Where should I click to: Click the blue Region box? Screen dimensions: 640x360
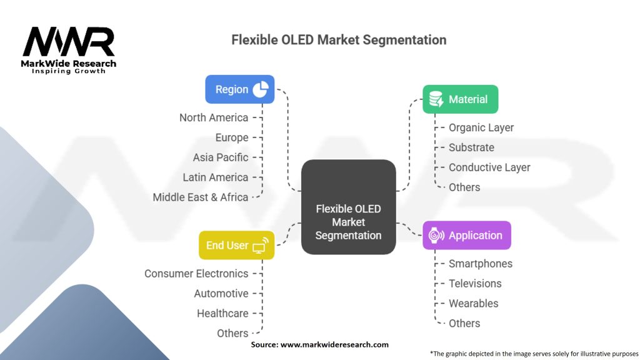point(240,89)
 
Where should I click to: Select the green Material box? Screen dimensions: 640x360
point(460,99)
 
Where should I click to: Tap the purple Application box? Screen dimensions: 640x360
point(466,235)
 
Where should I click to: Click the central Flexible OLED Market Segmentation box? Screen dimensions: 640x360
point(348,207)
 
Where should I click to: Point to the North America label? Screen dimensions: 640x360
point(214,117)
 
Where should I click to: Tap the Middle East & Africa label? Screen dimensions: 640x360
point(201,197)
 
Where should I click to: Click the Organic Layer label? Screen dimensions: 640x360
point(481,127)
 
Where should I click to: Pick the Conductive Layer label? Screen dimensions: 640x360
point(489,167)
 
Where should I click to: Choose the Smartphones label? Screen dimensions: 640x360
point(480,264)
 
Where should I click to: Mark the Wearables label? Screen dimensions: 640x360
point(473,303)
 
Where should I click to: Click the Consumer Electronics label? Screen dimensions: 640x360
point(196,274)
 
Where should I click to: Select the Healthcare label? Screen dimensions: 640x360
point(222,313)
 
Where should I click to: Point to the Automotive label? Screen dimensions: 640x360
point(221,293)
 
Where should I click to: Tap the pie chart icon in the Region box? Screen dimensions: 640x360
point(260,89)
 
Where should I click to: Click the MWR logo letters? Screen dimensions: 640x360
point(69,42)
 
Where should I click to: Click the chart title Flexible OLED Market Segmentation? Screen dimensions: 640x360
point(339,40)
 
